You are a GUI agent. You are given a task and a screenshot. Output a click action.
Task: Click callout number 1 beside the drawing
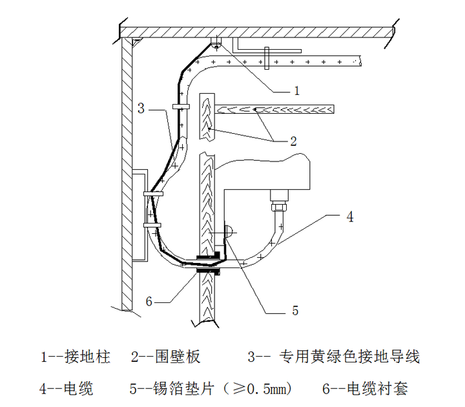coord(296,91)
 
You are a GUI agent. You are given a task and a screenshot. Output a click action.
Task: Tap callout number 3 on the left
coord(141,109)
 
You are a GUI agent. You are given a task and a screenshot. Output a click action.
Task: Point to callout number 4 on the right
coord(349,217)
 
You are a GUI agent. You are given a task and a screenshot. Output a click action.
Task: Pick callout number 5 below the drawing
coord(294,311)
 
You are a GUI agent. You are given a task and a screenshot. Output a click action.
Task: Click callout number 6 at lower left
coord(149,301)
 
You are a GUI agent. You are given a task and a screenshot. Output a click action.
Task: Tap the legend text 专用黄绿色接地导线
coord(349,356)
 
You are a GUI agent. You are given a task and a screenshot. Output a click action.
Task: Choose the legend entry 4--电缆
coord(67,388)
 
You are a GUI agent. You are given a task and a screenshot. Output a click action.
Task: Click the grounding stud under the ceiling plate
coord(215,43)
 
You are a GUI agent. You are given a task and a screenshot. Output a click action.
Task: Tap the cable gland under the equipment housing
coord(279,203)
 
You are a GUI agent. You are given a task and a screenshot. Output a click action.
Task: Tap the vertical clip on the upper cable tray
coord(265,57)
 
